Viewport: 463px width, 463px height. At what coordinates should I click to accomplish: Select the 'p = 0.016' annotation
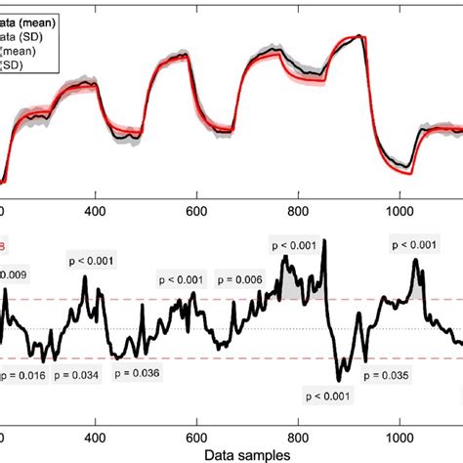point(22,375)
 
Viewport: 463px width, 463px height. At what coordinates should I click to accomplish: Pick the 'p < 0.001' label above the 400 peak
point(91,260)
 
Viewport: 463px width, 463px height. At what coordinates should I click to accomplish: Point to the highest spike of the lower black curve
point(324,240)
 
